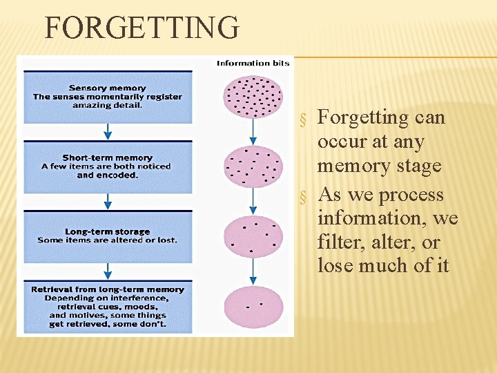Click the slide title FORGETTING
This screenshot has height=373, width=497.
tap(142, 28)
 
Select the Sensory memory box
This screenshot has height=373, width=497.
tap(108, 97)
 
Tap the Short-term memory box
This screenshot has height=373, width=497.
tap(108, 166)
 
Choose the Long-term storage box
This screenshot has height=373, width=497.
tap(108, 236)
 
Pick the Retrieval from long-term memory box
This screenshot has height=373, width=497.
tap(108, 306)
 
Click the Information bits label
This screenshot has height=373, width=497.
tap(253, 64)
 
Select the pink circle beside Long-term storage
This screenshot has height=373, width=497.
tap(253, 236)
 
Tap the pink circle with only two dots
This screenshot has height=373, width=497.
tap(253, 306)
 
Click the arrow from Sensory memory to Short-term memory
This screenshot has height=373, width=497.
tap(108, 131)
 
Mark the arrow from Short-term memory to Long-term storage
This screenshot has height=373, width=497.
tap(108, 201)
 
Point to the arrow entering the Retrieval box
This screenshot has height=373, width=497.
tap(108, 271)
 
